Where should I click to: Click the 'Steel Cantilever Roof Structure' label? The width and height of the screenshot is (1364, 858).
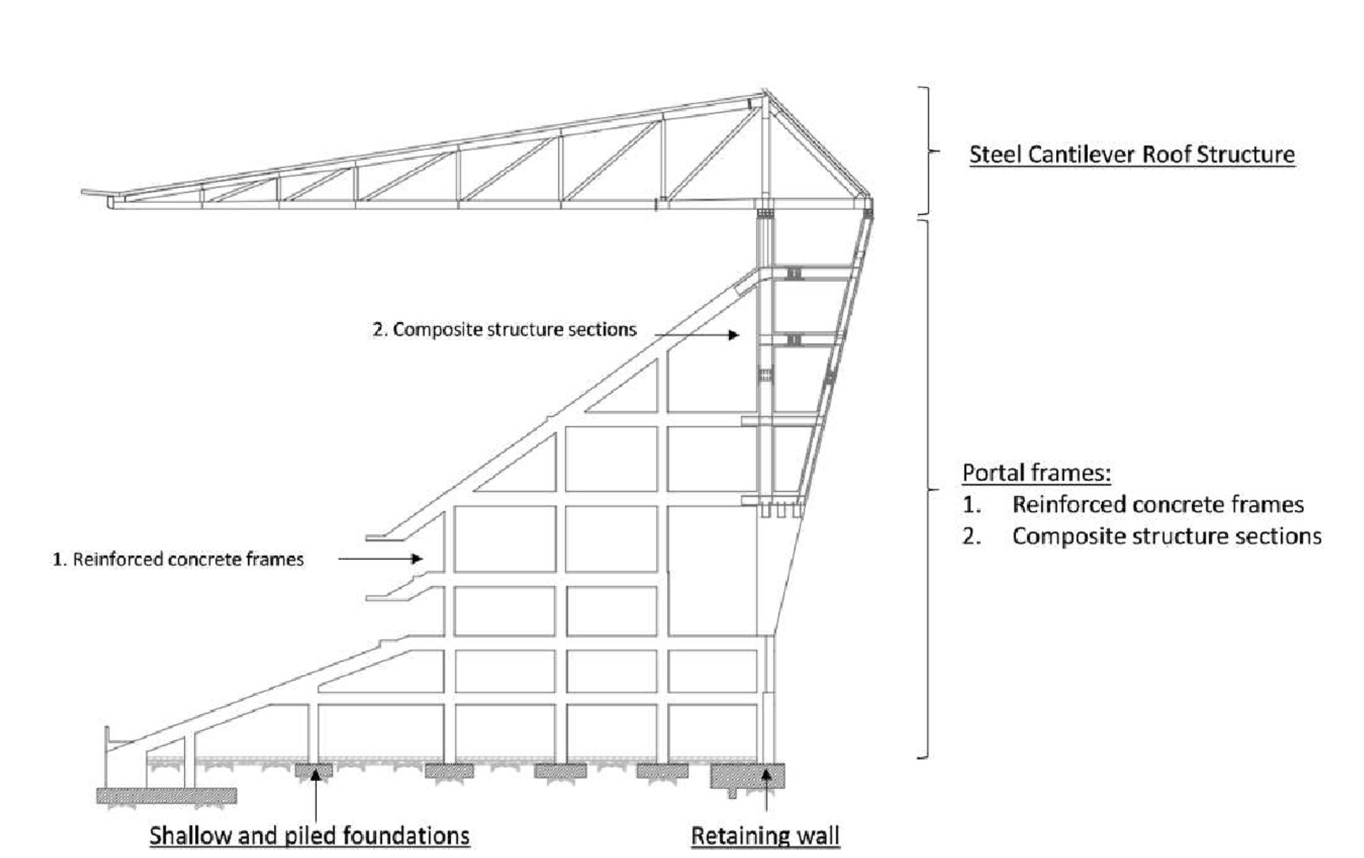(x=1131, y=154)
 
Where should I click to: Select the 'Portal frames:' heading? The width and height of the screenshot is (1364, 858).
(x=1036, y=473)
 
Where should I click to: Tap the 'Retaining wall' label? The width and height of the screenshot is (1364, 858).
(x=765, y=836)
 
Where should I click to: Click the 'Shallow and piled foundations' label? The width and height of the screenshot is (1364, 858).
(x=309, y=836)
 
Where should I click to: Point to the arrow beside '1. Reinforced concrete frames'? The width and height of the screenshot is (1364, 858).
(x=380, y=559)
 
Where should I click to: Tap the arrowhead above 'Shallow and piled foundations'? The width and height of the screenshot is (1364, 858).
(x=316, y=773)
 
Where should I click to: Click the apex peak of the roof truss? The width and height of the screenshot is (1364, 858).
(x=764, y=92)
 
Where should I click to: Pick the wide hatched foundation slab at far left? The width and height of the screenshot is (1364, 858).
(x=166, y=796)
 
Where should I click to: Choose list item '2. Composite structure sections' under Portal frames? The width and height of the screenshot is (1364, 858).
(x=1142, y=536)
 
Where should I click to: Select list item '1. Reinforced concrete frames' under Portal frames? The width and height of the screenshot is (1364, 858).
(x=1134, y=504)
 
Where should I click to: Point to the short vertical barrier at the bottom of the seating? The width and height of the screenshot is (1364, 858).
(x=106, y=740)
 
